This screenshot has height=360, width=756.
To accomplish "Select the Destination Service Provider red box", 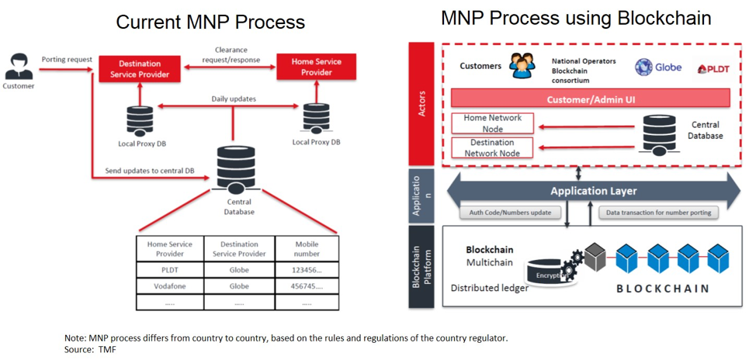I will [x=140, y=68].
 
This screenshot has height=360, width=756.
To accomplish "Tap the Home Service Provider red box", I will [x=316, y=67].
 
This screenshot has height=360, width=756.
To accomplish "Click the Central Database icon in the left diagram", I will [x=236, y=167].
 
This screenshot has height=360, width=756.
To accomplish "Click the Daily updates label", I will [x=234, y=99].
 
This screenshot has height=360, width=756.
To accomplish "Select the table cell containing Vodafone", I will [x=169, y=286].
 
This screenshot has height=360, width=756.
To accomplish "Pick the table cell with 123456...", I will [x=306, y=270].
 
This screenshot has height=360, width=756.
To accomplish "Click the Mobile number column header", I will [x=306, y=248].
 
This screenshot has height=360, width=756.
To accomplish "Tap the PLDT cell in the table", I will [x=169, y=270].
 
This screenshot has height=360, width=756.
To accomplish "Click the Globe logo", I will [x=658, y=67].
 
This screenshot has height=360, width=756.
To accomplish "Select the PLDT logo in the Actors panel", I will [x=713, y=69].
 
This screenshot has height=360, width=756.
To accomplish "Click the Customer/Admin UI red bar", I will [x=591, y=99].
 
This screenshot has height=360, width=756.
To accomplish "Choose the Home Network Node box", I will [x=492, y=123].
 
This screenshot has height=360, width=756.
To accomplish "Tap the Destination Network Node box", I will [x=492, y=147].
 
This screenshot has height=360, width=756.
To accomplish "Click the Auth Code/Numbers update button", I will [x=510, y=213].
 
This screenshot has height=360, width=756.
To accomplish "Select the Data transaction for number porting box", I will [x=658, y=213].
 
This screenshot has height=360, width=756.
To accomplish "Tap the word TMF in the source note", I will [x=108, y=350].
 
